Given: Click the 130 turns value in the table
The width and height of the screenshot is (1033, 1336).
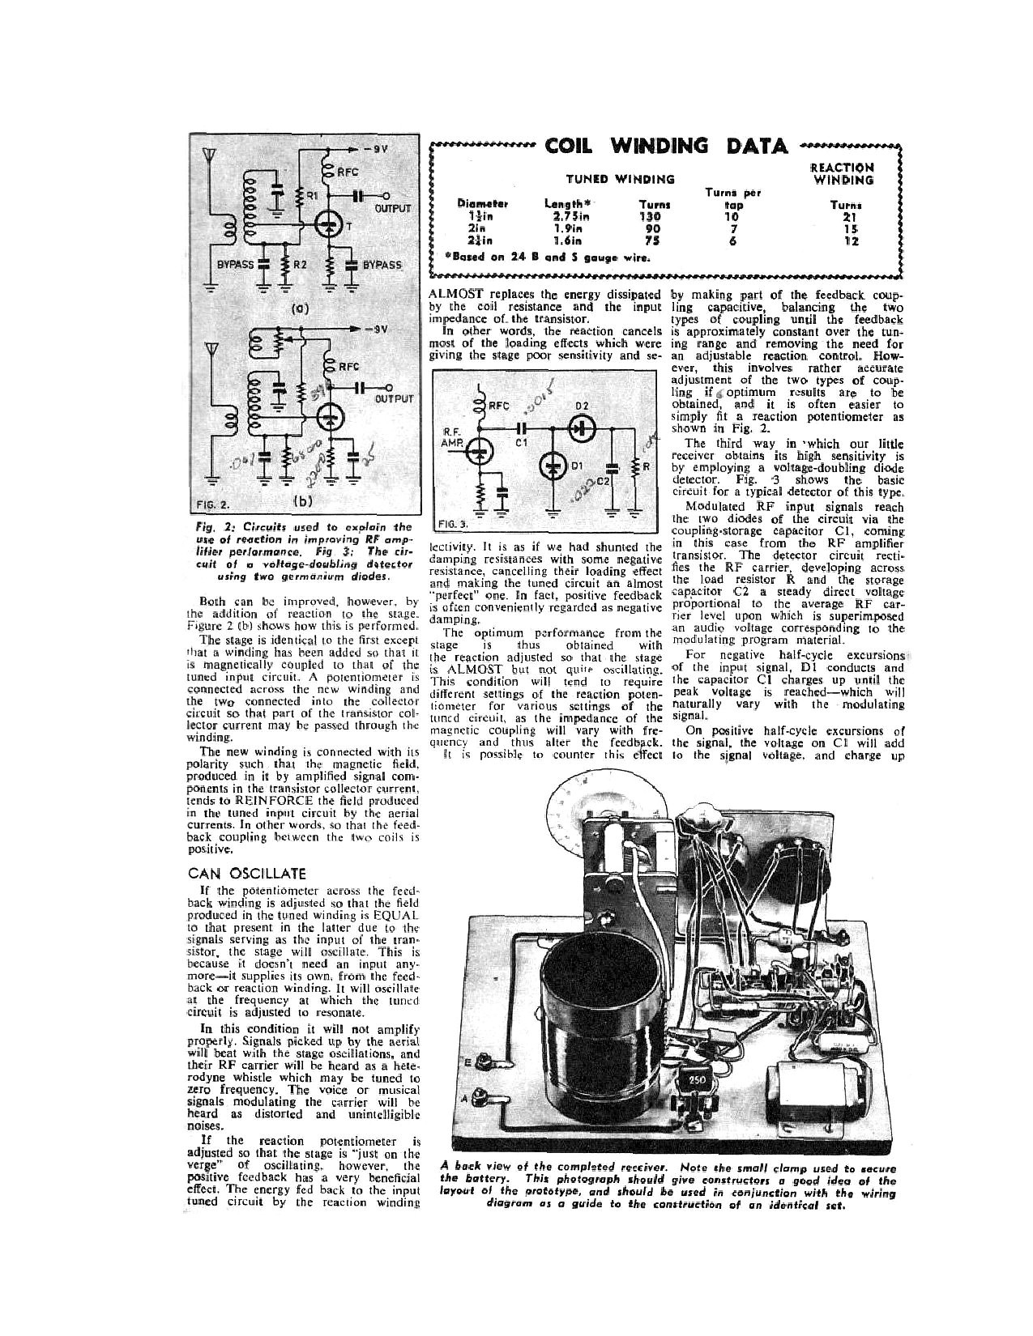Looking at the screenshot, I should point(651,216).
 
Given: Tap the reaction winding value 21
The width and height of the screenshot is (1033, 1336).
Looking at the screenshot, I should point(849,216).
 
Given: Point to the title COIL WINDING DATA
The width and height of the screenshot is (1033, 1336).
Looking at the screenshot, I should point(666,147).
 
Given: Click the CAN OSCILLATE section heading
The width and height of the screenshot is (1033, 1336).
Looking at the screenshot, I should point(247,873).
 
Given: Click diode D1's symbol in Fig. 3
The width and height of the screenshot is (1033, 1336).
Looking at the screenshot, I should point(553,466).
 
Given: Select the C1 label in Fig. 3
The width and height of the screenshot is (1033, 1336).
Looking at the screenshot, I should point(523,443).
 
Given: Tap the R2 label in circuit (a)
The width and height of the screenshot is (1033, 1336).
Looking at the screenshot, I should point(300,265).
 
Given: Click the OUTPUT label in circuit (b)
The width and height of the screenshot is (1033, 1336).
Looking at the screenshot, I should point(394,398).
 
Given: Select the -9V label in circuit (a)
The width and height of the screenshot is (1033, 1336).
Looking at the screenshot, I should point(376,150).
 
